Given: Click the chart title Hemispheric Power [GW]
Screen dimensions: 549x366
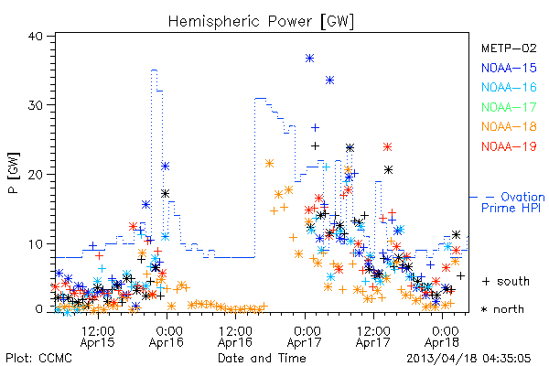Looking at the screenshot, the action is (x=261, y=22).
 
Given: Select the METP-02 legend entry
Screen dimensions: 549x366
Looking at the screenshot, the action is (x=509, y=48).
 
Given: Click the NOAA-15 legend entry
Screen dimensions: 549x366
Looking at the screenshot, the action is (x=509, y=68).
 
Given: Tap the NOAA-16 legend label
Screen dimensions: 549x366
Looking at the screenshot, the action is (x=509, y=87).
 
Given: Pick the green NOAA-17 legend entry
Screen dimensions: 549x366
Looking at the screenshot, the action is (x=509, y=107).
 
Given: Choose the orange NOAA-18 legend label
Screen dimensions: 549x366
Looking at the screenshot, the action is (x=509, y=126).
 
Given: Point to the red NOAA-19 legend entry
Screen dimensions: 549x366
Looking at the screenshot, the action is (x=509, y=146).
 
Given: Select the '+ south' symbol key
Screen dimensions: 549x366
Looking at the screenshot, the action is (x=506, y=281).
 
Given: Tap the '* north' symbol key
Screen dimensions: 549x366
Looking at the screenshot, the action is (x=502, y=309).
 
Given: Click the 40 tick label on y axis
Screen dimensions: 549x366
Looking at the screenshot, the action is (x=35, y=37).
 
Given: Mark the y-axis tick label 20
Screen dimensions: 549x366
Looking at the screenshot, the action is (x=35, y=175).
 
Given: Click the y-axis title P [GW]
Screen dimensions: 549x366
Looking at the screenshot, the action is (x=14, y=173).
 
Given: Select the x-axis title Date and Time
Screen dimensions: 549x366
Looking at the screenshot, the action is (x=262, y=358).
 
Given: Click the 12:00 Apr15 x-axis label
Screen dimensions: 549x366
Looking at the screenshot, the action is (x=98, y=336).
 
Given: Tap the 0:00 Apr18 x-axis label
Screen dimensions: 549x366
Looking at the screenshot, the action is (x=442, y=336).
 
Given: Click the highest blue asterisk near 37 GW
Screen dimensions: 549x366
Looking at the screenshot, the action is (x=309, y=59).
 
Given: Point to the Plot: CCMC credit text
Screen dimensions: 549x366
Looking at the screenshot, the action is (x=38, y=359).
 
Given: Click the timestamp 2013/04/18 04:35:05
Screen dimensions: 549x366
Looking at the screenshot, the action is (x=468, y=359).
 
